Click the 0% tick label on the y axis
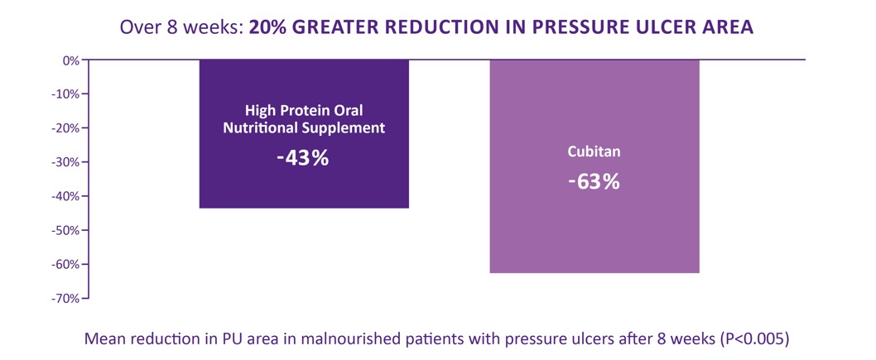(70, 60)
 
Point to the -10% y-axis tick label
(65, 94)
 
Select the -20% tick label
(65, 127)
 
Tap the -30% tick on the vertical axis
(65, 161)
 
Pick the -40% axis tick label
(65, 196)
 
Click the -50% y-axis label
(65, 230)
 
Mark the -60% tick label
(65, 264)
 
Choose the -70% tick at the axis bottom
(65, 298)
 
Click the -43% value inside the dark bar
(303, 157)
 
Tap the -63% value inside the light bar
(594, 180)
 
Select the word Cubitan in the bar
(594, 153)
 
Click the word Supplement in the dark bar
(344, 128)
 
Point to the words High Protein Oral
(304, 110)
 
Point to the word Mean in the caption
(103, 338)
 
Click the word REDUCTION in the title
(426, 26)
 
